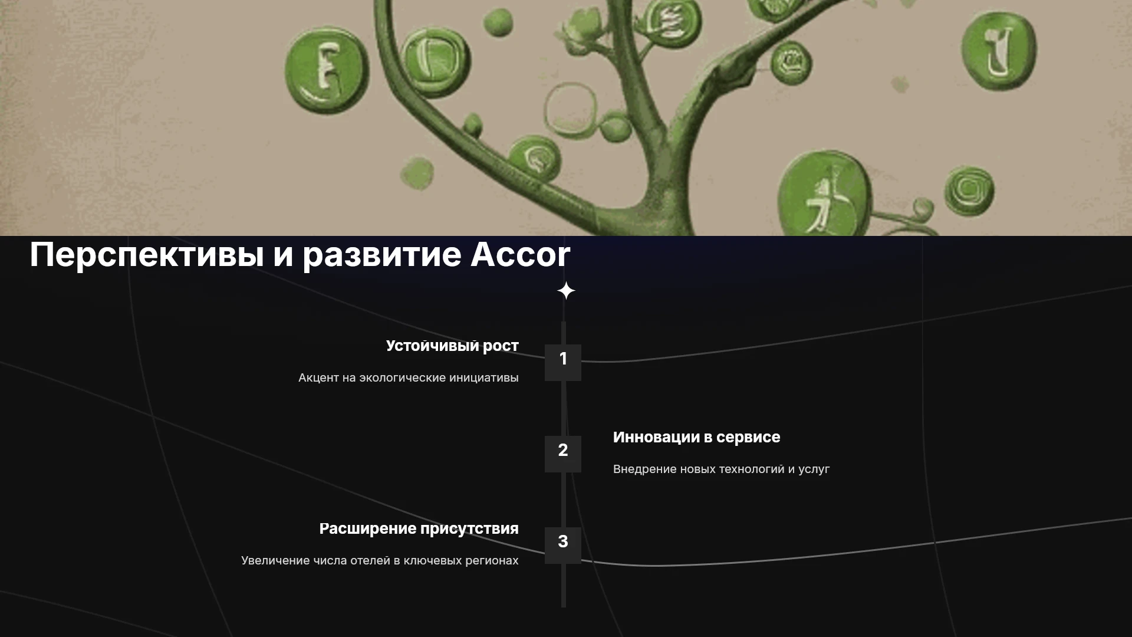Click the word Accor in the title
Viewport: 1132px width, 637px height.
[520, 255]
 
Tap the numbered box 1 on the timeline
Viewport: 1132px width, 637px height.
[563, 362]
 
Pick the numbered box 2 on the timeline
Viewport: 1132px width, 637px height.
[563, 454]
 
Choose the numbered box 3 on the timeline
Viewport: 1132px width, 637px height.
[563, 545]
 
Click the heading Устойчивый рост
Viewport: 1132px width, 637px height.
[452, 346]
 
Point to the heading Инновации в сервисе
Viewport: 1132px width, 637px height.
[696, 437]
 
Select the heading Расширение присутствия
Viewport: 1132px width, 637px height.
[419, 529]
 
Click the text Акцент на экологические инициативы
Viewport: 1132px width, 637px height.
[409, 377]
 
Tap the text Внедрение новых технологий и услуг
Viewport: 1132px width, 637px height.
[721, 469]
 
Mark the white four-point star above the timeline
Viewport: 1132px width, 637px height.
[566, 291]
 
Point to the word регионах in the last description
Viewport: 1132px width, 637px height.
[492, 561]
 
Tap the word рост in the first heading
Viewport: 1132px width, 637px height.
[501, 347]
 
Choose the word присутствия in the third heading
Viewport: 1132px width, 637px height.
[469, 530]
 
